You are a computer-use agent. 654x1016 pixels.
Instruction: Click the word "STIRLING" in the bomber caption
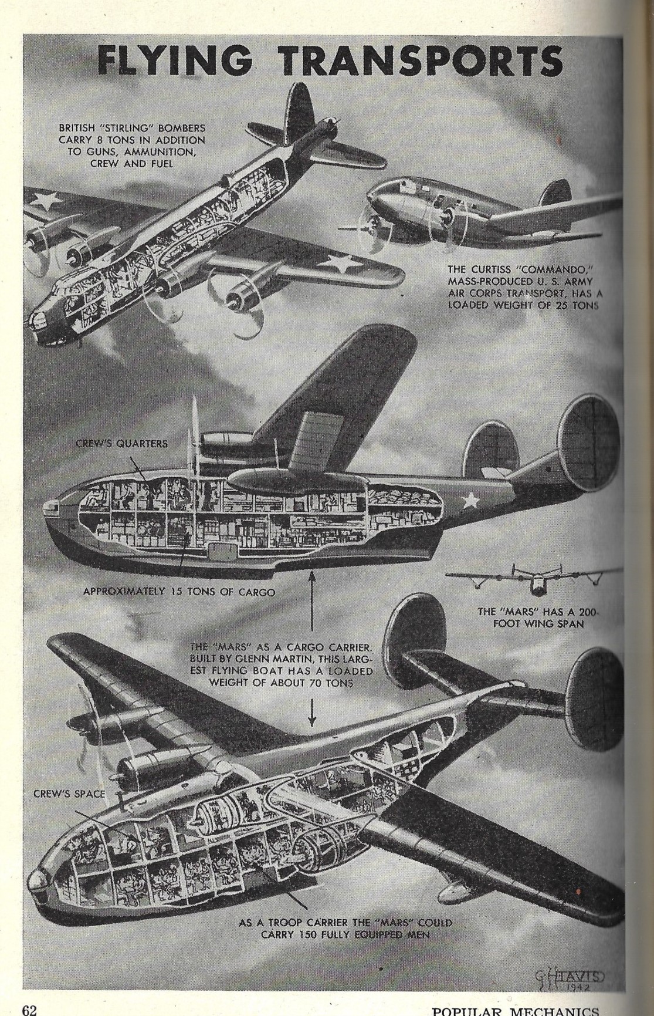[152, 128]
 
